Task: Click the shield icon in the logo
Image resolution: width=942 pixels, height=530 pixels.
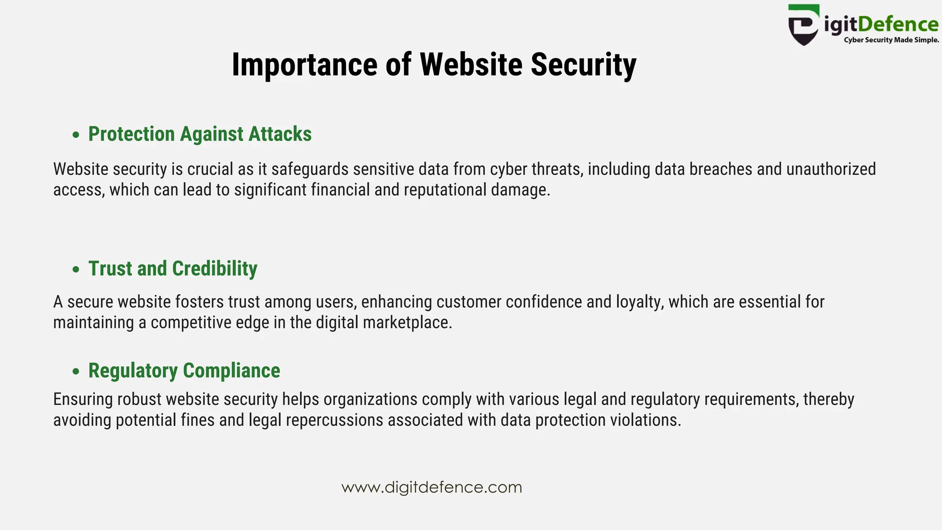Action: [804, 26]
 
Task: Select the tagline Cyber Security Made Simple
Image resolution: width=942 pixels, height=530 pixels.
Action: [891, 40]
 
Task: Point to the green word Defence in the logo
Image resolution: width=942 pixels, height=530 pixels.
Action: [898, 24]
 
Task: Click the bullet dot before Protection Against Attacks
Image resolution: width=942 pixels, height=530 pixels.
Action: [76, 135]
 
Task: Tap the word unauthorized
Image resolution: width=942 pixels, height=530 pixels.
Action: [831, 169]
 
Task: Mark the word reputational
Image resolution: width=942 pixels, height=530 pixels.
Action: [445, 190]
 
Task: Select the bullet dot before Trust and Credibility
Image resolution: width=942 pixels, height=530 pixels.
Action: [76, 269]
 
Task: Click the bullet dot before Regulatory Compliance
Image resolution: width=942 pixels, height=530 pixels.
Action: [76, 371]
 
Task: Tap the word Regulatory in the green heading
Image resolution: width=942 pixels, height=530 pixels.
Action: [133, 371]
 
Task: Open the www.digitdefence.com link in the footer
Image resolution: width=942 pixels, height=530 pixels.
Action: [431, 487]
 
